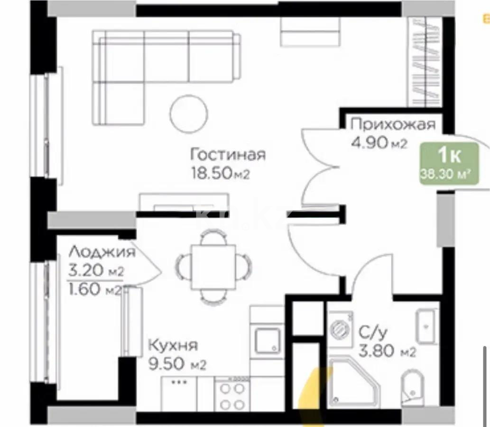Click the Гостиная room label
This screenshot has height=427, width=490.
tap(228, 155)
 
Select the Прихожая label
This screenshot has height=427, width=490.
tap(393, 125)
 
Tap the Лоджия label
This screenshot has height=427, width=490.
tap(102, 251)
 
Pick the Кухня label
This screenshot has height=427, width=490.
tap(173, 345)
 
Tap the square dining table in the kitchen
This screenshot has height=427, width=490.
tap(213, 267)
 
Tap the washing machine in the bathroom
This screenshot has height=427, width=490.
tap(340, 327)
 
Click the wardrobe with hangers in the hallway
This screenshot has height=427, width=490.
tap(425, 62)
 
